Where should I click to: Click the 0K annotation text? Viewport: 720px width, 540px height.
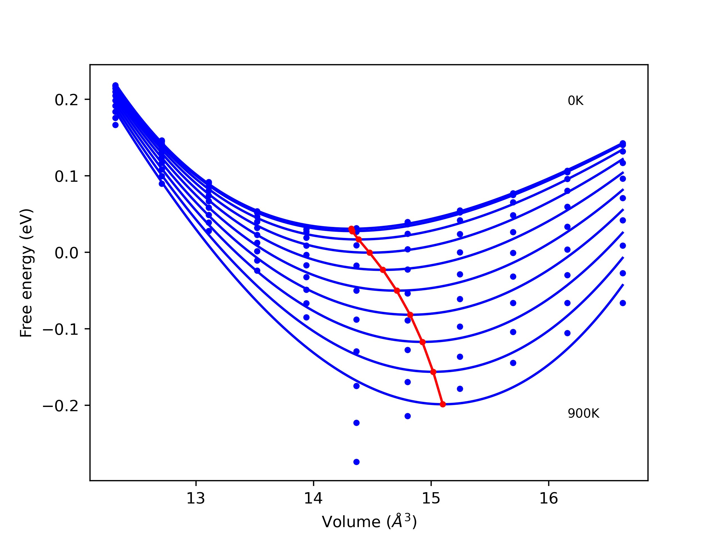tap(575, 101)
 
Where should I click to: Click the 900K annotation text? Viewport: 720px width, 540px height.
tap(583, 414)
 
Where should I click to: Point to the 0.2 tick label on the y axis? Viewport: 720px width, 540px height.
tap(66, 100)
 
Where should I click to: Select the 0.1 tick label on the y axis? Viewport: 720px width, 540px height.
tap(66, 176)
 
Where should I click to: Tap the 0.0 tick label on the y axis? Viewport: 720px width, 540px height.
tap(66, 253)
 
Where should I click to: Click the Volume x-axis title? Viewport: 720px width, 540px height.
tap(369, 522)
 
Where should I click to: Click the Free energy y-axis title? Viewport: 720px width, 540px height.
tap(26, 273)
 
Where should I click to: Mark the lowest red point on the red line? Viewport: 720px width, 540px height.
tap(443, 404)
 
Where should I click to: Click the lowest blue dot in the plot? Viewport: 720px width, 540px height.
tap(356, 462)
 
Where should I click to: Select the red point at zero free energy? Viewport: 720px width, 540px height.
tap(370, 253)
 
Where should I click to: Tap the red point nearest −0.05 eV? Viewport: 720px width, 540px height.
tap(397, 291)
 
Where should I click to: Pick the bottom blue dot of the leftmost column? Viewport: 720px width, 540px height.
tap(116, 125)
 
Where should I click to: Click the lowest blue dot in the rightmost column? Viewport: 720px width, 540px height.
tap(623, 303)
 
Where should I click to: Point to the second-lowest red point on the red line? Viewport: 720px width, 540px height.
tap(433, 372)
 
